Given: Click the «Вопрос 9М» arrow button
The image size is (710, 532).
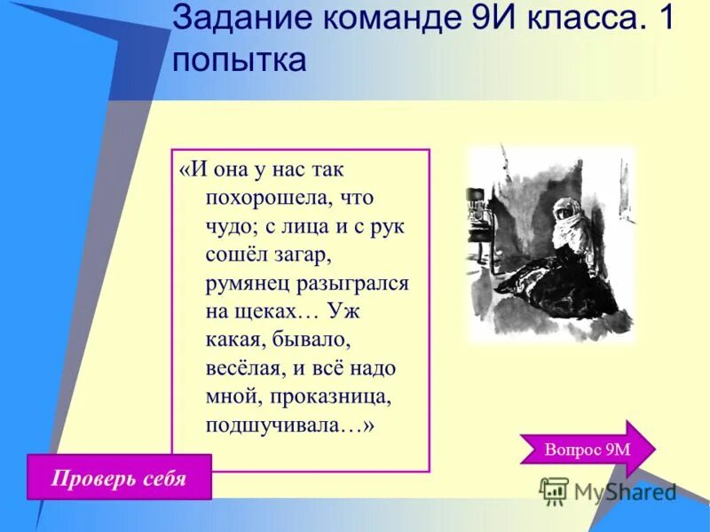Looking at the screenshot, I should click(587, 449).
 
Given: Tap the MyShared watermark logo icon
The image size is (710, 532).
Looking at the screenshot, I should click(554, 490).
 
